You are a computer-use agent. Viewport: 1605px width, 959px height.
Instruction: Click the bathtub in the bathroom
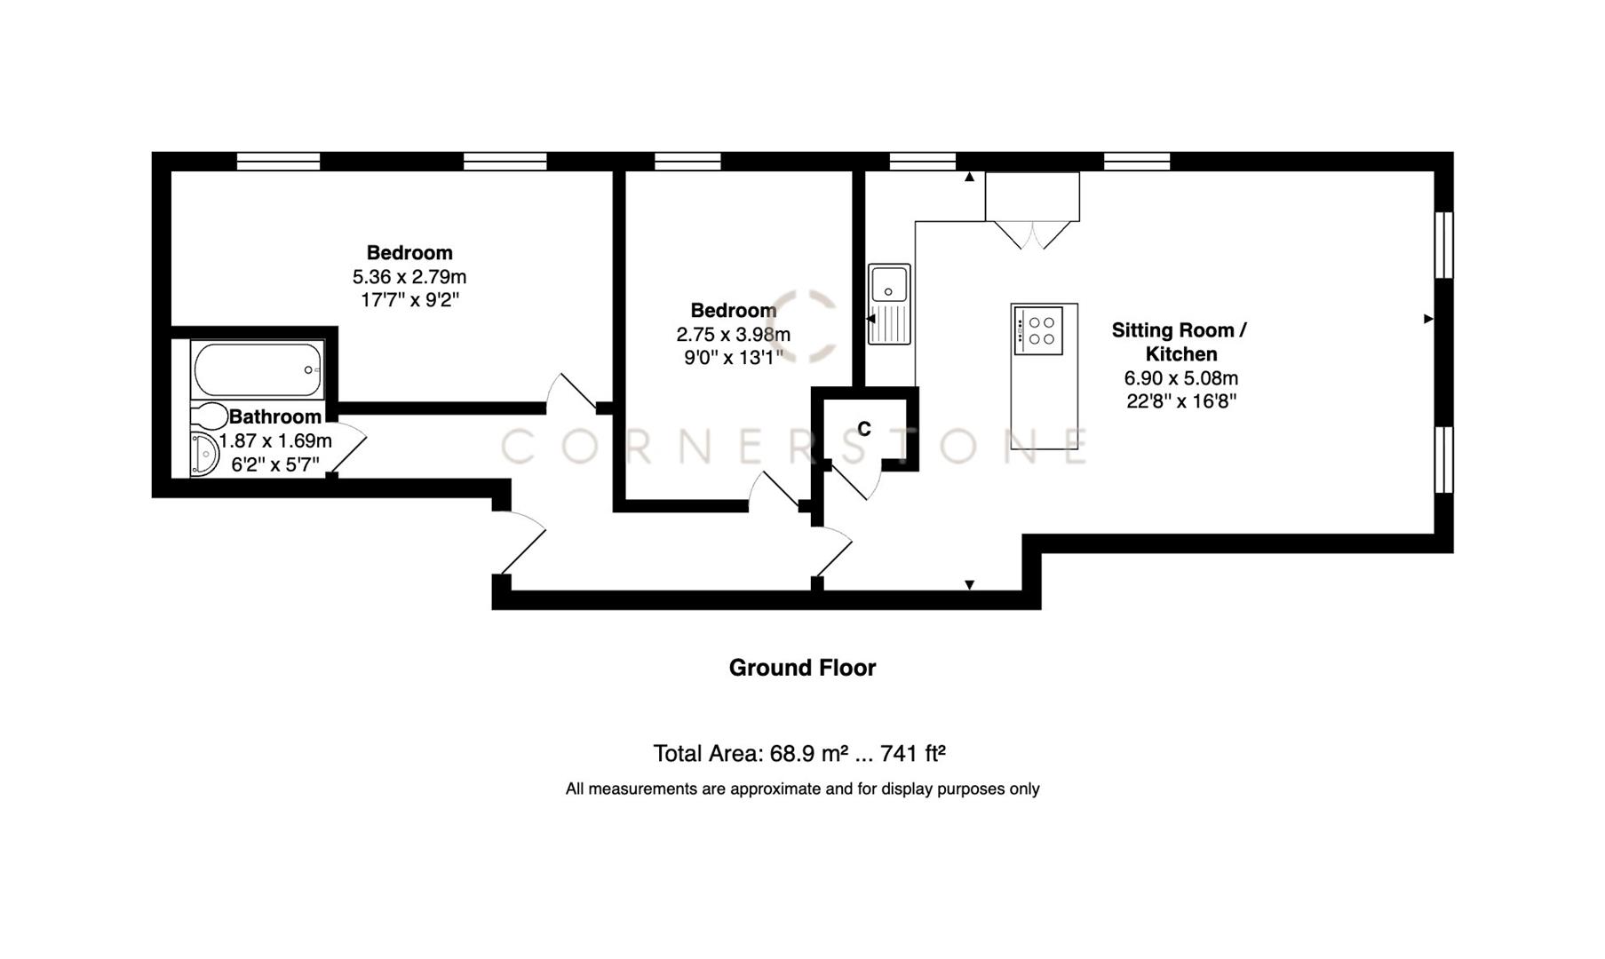[257, 369]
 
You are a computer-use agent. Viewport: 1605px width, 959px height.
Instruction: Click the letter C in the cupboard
[864, 430]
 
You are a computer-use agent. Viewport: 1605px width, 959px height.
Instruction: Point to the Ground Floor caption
[802, 668]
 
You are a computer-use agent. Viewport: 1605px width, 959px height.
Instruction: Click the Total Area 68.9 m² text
[799, 754]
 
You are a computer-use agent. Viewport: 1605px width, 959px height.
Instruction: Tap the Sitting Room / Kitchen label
[1180, 342]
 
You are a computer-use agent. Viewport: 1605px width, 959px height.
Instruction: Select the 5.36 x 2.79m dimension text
[409, 277]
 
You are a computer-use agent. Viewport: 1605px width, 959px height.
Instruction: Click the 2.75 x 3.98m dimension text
[733, 335]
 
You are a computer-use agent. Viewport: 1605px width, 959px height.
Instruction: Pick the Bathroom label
[275, 416]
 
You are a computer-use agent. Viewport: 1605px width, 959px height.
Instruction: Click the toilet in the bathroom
[210, 416]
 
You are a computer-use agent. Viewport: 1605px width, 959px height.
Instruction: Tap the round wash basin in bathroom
[205, 456]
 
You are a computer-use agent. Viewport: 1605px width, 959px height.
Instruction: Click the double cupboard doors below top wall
[1032, 234]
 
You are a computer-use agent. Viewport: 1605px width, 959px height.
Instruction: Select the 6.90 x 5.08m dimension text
[1181, 377]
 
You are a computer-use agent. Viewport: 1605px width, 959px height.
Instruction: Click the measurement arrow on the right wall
[1427, 319]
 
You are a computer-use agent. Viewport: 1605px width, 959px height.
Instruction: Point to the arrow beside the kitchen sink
[870, 319]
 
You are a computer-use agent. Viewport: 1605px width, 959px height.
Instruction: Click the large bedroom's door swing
[570, 392]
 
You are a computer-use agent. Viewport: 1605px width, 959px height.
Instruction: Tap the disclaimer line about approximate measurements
[802, 789]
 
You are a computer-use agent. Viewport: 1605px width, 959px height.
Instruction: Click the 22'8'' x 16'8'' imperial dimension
[1181, 401]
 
